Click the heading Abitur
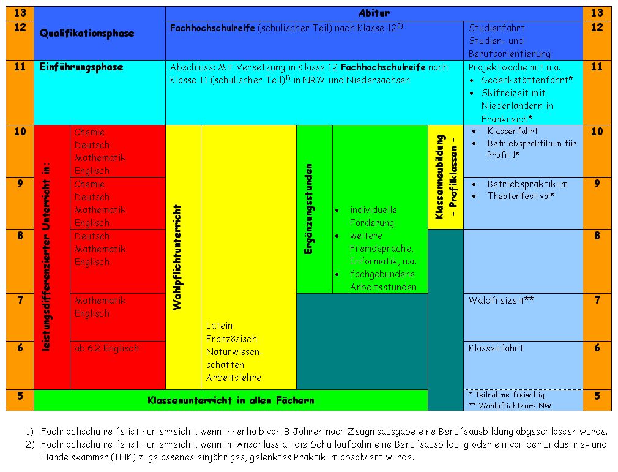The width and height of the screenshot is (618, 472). [374, 13]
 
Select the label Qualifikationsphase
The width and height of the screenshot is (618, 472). [87, 33]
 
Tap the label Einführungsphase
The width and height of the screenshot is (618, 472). [81, 67]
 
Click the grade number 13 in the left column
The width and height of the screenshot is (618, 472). [20, 13]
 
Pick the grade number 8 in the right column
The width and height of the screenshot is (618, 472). [597, 236]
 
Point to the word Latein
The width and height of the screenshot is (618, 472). [219, 326]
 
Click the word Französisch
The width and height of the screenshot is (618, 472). [231, 339]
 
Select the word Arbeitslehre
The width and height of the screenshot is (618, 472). [234, 377]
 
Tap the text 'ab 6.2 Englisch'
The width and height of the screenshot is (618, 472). [107, 348]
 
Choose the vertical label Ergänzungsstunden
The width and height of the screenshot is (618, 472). [308, 209]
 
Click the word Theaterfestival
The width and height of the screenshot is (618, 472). [519, 196]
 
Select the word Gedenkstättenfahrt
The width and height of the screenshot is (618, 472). [524, 80]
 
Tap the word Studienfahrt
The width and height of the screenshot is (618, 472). [497, 28]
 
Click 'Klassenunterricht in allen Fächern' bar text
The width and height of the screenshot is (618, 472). [231, 400]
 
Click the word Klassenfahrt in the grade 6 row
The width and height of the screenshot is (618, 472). [496, 348]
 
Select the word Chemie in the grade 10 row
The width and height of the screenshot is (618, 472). [89, 132]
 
